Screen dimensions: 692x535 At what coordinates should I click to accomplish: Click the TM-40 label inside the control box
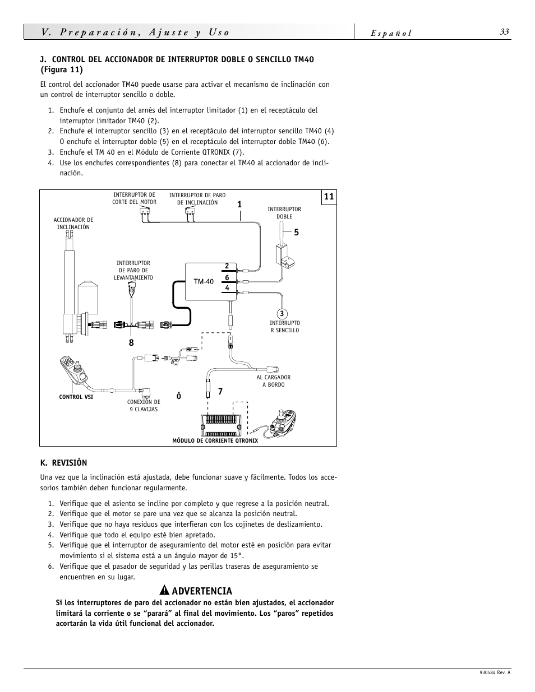coord(204,281)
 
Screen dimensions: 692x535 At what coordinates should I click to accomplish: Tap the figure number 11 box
coord(329,197)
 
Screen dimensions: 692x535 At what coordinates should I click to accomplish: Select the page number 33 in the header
coord(504,32)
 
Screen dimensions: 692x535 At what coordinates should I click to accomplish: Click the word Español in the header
coord(391,33)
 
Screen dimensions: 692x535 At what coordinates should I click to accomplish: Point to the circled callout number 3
coord(282,314)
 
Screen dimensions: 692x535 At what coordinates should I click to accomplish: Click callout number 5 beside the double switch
coord(297,233)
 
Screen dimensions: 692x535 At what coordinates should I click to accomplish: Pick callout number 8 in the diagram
coord(131,343)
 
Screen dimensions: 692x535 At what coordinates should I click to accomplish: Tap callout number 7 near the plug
coord(220,392)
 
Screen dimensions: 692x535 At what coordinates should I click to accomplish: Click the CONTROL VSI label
coord(76,397)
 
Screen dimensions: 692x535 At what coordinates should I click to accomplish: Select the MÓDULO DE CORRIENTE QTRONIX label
coord(215,441)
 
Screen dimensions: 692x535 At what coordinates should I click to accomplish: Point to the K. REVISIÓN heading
coord(63,462)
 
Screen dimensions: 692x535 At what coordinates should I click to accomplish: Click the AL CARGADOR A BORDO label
coord(274,381)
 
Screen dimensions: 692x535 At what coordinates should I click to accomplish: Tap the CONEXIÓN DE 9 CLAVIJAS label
coord(144,406)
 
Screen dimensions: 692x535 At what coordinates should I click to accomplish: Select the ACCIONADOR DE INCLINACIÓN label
coord(73,224)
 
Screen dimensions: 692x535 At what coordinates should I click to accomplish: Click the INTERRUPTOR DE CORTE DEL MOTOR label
coord(135,198)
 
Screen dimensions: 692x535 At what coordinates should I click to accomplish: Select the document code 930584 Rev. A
coord(495,673)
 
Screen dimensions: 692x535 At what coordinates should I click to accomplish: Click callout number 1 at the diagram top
coord(239,205)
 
